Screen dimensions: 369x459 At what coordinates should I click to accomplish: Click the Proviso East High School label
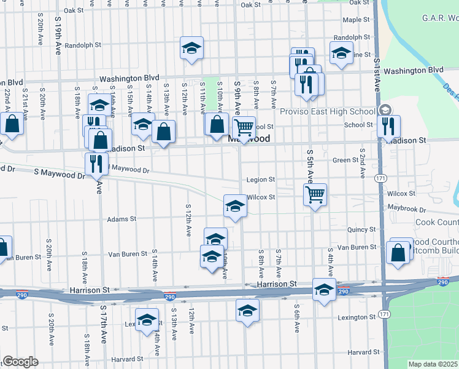click(x=328, y=111)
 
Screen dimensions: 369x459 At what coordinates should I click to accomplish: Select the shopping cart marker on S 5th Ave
click(x=315, y=195)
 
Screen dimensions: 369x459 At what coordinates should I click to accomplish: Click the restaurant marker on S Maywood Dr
click(x=96, y=164)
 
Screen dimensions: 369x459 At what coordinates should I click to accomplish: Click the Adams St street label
click(x=121, y=219)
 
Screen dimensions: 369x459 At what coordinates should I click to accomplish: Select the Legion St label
click(x=261, y=180)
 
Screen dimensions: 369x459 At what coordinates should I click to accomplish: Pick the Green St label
click(x=345, y=160)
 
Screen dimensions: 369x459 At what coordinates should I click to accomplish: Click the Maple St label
click(x=356, y=20)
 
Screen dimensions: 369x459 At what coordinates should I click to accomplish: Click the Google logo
click(x=20, y=362)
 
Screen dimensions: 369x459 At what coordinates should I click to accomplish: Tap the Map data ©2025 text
click(x=433, y=364)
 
